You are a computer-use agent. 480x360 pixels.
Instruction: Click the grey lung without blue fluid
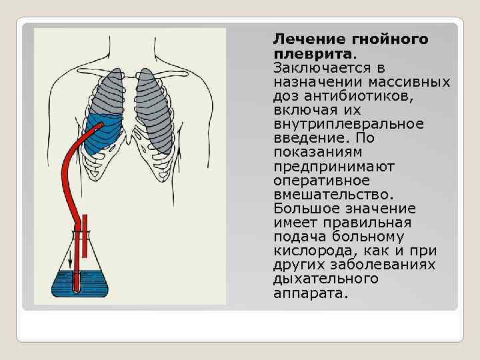coord(156,110)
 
